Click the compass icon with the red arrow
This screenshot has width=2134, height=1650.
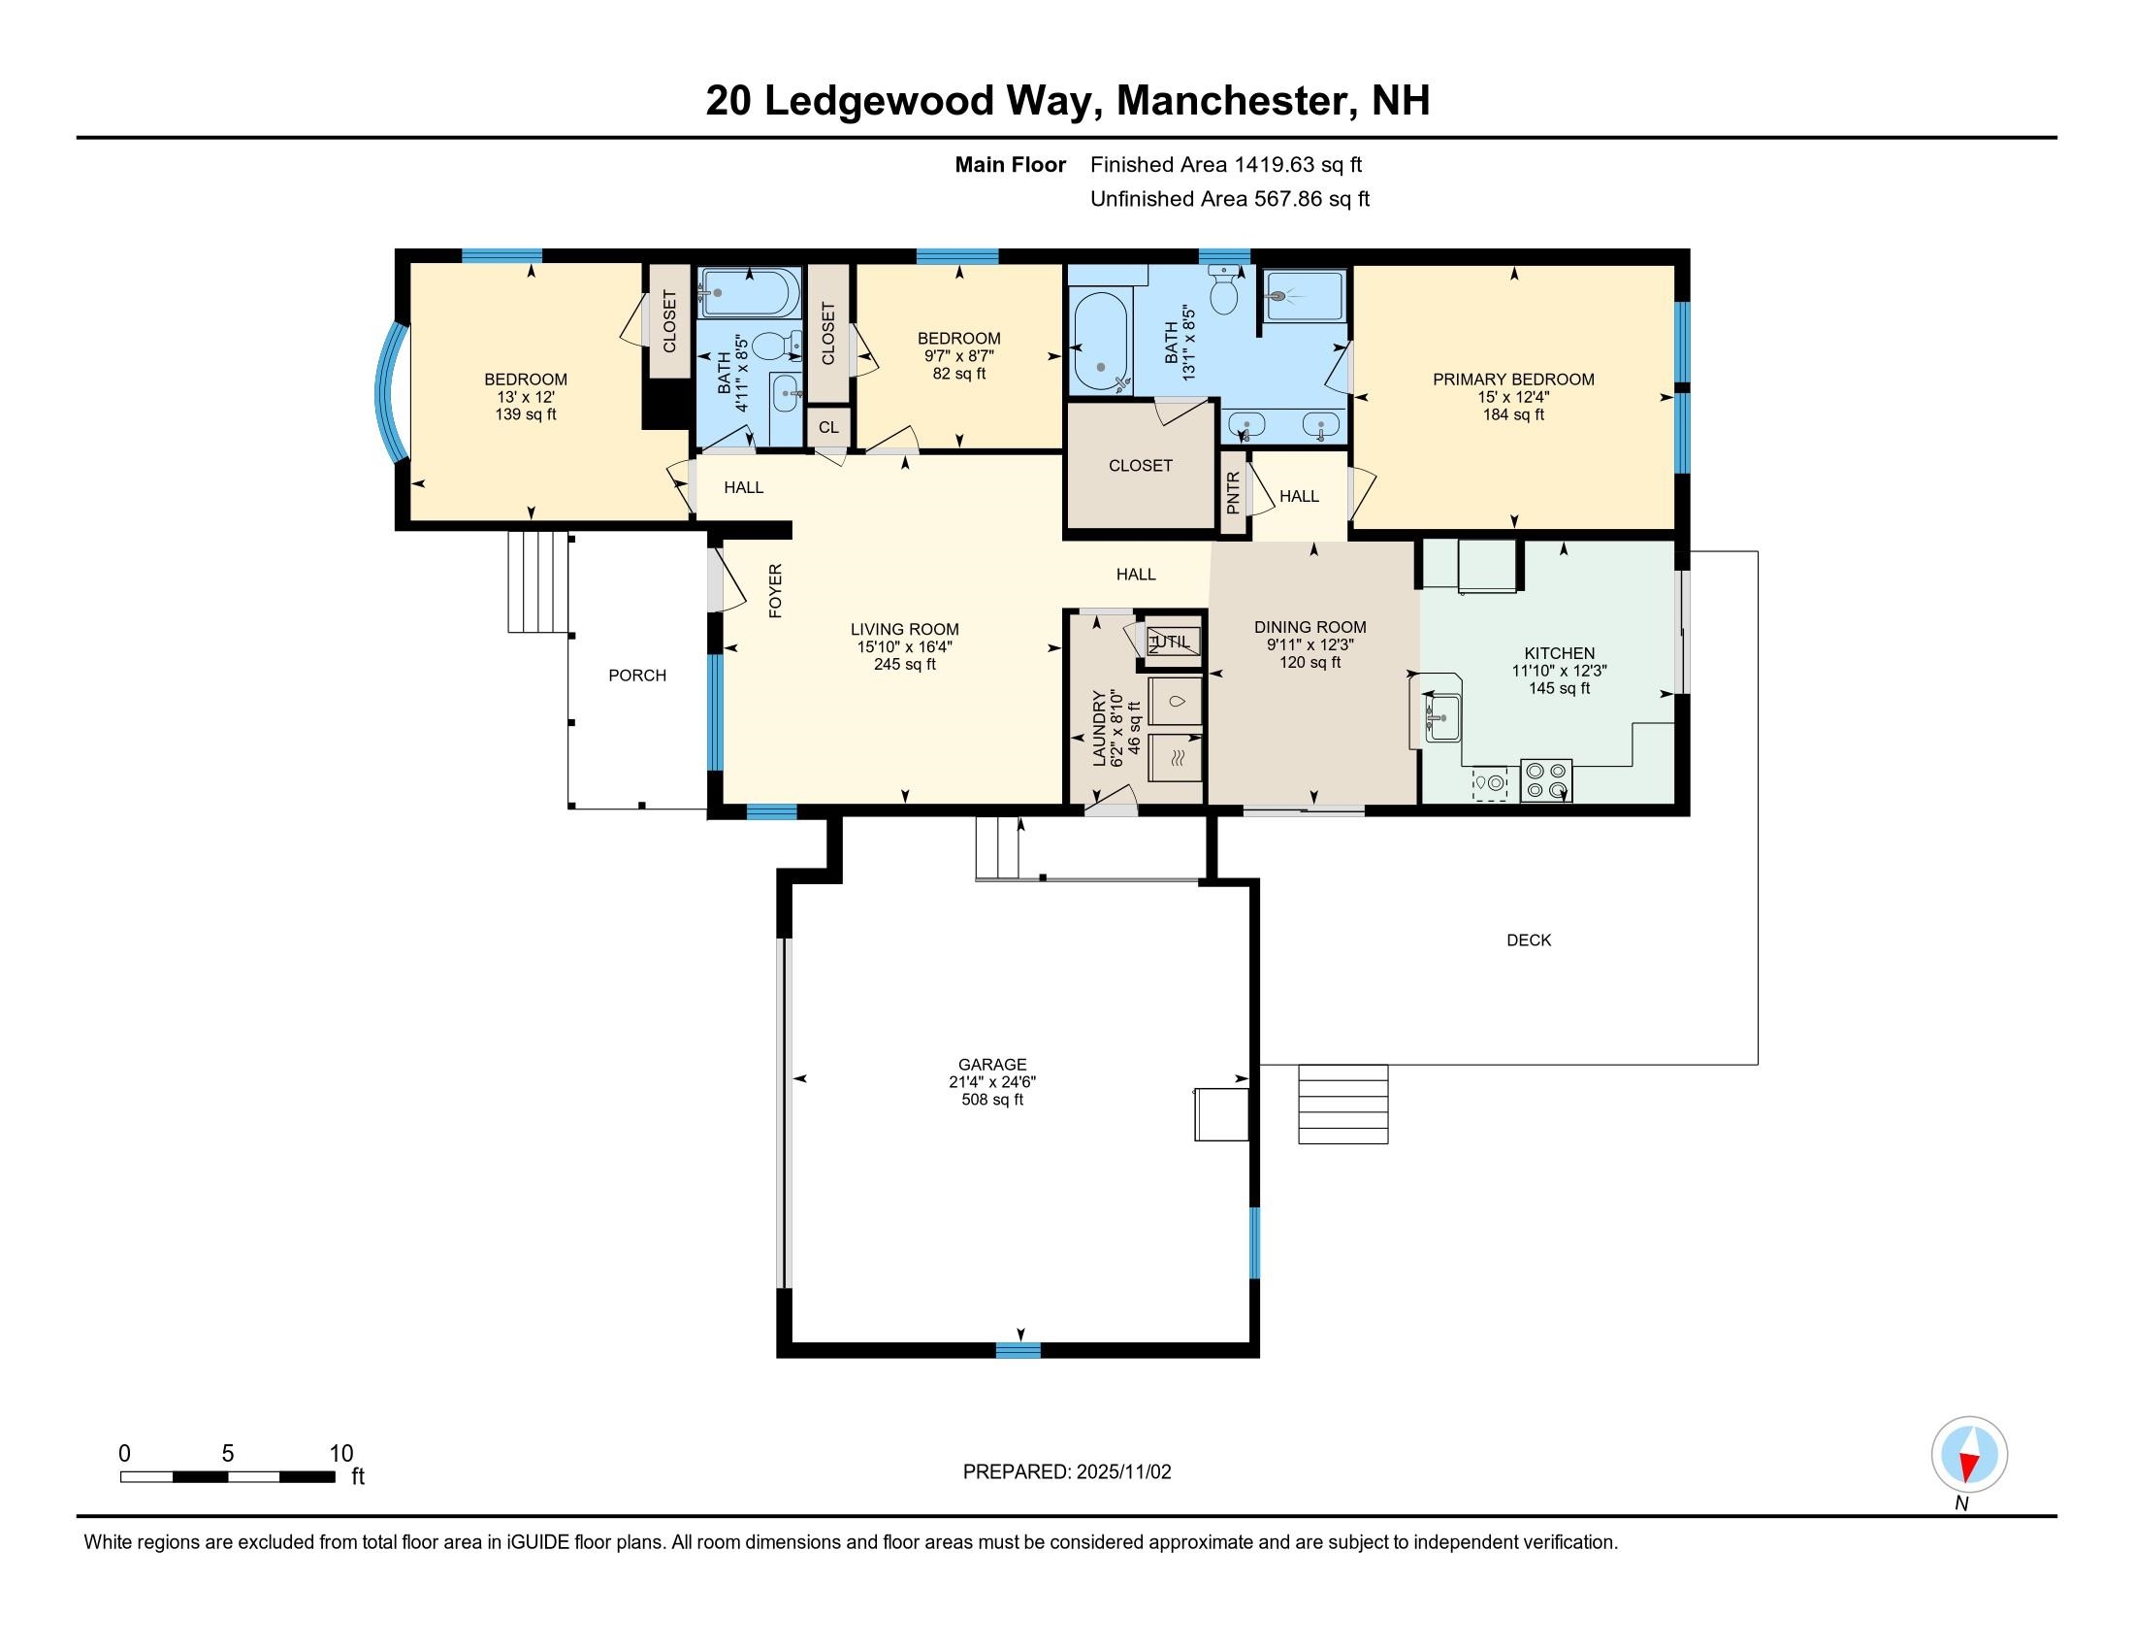pos(1969,1455)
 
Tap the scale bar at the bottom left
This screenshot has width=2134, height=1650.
pos(228,1476)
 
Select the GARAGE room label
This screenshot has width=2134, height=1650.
pos(991,1065)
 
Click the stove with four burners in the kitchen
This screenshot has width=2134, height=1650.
pos(1546,780)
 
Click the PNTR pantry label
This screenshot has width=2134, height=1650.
pos(1233,493)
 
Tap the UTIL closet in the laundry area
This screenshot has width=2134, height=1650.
pos(1172,642)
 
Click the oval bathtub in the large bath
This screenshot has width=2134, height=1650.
pos(1099,342)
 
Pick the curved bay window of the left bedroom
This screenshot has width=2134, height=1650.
pos(390,393)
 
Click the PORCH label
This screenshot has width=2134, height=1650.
pos(637,676)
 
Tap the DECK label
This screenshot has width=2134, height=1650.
pos(1528,940)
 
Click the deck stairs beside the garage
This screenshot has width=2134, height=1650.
pos(1342,1104)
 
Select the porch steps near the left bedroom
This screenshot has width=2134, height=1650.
pos(537,581)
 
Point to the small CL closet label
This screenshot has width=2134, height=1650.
pos(828,427)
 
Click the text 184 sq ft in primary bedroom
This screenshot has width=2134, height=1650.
pos(1512,414)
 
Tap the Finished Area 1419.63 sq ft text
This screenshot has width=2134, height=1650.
pos(1225,165)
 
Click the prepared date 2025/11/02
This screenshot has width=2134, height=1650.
pos(1121,1472)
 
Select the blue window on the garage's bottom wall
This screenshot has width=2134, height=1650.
pos(1018,1350)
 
